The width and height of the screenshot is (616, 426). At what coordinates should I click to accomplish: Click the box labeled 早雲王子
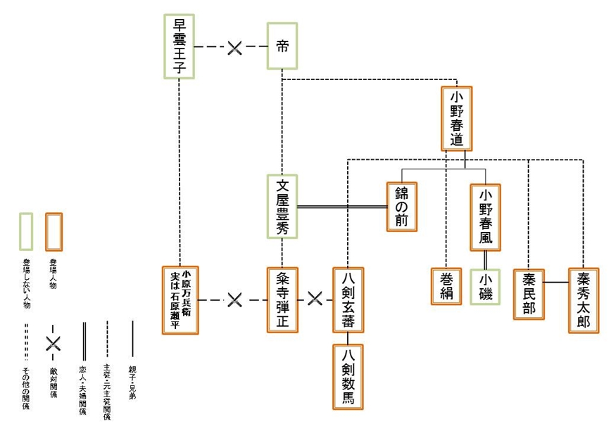[178, 46]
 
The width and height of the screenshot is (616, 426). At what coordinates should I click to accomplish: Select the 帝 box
[282, 46]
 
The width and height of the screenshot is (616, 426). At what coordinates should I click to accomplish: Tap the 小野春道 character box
[456, 118]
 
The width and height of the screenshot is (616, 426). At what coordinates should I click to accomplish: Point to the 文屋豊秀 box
[282, 208]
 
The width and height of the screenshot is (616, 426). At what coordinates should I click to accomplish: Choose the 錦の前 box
[401, 207]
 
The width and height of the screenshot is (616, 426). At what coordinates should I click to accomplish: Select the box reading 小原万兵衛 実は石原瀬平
[180, 299]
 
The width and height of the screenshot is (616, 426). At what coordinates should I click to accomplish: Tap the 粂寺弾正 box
[282, 299]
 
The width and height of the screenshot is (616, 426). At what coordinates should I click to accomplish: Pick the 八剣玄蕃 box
[348, 299]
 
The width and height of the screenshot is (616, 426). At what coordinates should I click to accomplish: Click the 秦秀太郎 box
[583, 299]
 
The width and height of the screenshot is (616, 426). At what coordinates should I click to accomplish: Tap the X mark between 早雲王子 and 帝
[234, 47]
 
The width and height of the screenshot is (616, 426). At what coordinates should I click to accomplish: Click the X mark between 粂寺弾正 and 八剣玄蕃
[315, 299]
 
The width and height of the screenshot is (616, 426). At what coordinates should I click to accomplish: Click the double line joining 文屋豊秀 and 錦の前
[341, 207]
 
